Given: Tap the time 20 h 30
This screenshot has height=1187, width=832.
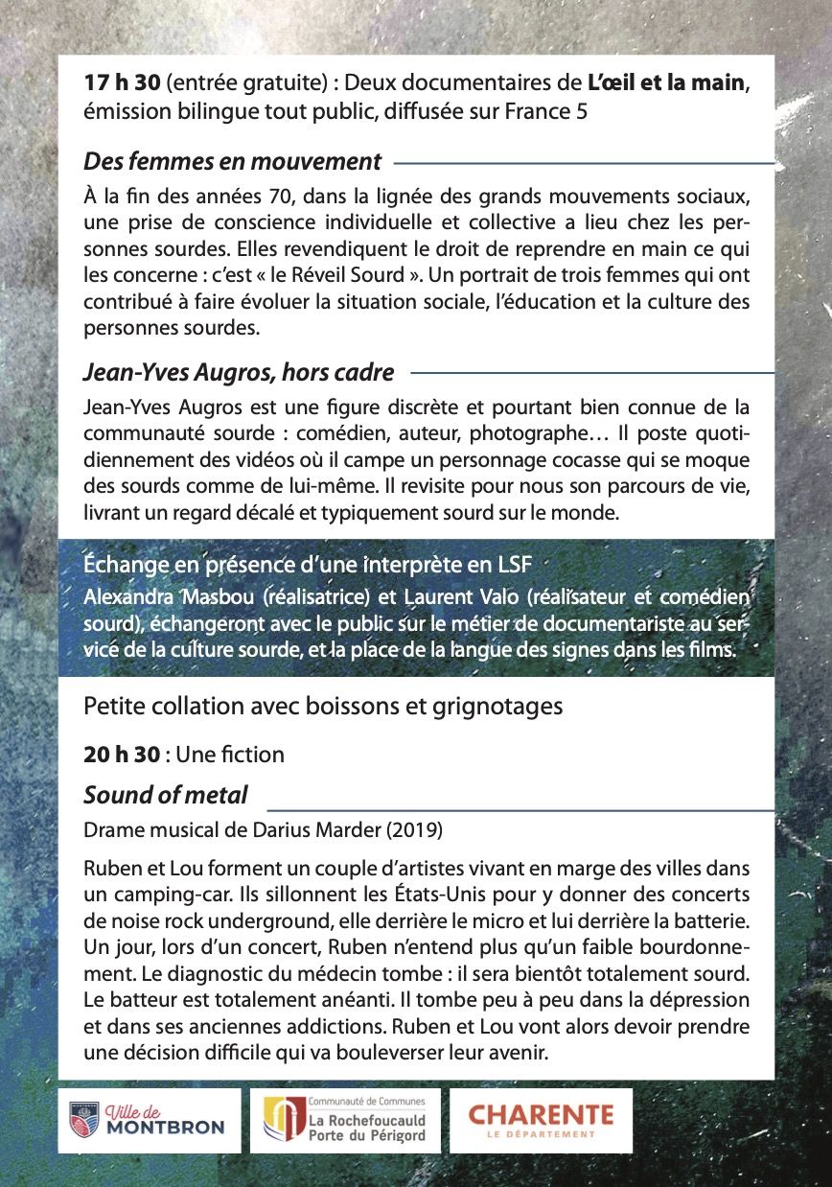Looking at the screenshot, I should (122, 755).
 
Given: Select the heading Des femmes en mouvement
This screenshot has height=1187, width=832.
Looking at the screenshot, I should (232, 161).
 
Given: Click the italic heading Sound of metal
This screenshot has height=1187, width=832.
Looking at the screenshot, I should (166, 795).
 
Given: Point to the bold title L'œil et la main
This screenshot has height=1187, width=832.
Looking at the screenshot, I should (666, 83).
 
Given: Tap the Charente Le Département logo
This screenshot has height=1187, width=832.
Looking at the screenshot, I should (541, 1119).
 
